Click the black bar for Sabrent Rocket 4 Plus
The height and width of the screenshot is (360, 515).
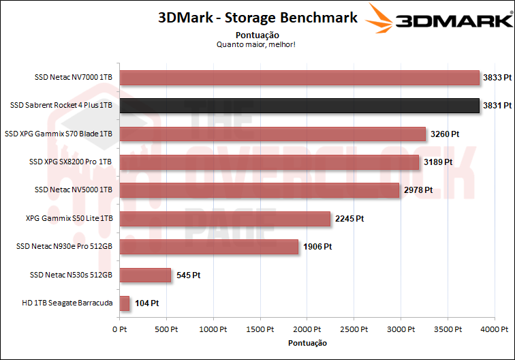[x=300, y=106]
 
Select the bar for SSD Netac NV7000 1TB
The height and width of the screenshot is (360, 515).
[x=300, y=78]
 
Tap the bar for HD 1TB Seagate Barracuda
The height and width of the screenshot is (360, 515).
[x=125, y=303]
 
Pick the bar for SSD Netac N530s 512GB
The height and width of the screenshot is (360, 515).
[x=145, y=275]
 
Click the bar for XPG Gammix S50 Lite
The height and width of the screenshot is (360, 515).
[x=225, y=218]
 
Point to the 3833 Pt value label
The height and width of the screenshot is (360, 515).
[x=497, y=78]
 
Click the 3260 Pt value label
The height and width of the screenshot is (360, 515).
[x=445, y=134]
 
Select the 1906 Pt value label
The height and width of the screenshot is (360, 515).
[x=317, y=247]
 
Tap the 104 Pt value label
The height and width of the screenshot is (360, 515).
[x=145, y=303]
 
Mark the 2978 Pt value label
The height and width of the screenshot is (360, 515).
[x=418, y=190]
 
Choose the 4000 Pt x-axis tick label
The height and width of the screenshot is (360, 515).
[x=495, y=329]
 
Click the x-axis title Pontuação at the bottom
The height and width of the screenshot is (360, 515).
[x=307, y=342]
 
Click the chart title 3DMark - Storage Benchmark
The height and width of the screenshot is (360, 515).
[x=257, y=18]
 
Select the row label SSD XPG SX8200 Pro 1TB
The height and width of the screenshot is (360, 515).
[x=70, y=162]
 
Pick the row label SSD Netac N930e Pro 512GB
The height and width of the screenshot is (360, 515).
[x=64, y=247]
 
